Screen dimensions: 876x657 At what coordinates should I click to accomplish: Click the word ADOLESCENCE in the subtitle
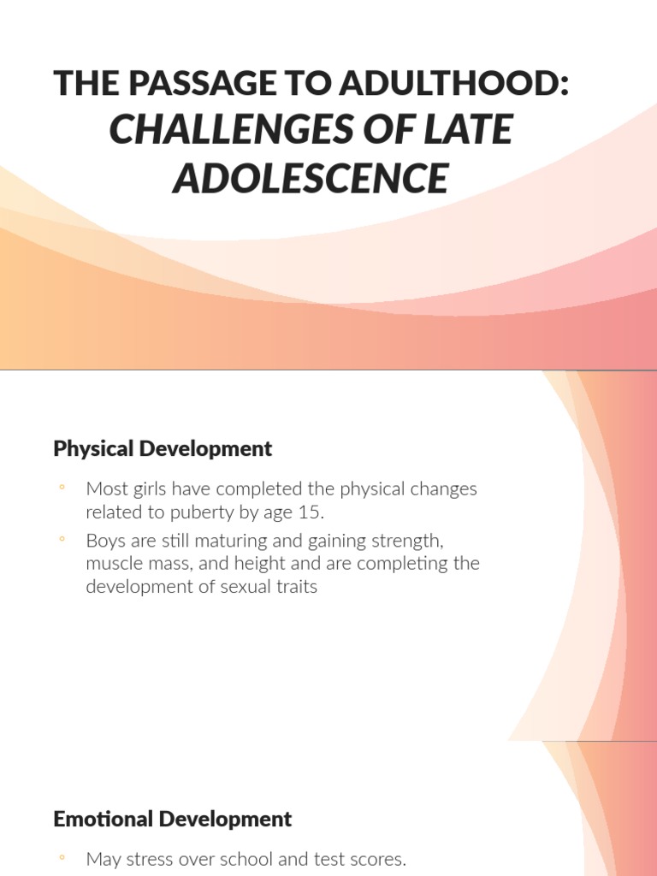[311, 178]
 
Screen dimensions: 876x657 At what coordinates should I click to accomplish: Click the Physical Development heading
[163, 448]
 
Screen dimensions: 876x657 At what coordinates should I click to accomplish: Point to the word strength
[404, 541]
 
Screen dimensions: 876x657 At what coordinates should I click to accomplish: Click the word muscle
[114, 564]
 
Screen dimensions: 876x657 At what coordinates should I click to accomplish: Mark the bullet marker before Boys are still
[62, 540]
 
